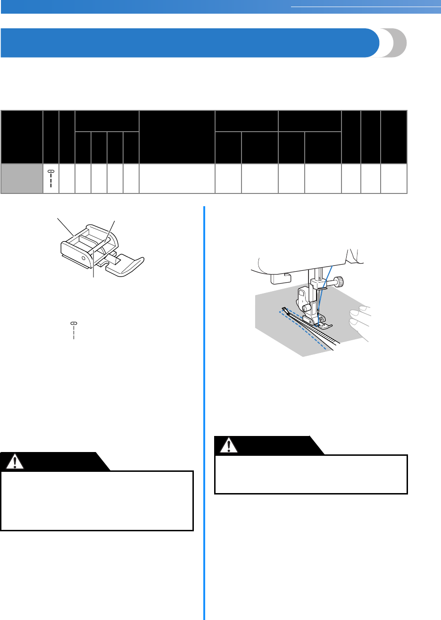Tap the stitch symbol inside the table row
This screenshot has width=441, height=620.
point(50,178)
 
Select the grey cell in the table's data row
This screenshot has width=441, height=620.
point(22,178)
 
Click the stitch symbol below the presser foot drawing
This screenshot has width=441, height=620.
point(74,330)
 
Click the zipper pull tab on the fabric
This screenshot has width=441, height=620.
point(284,310)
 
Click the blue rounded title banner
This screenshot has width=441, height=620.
point(189,42)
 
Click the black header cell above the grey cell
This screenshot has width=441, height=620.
point(22,137)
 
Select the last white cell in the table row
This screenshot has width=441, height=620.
point(394,178)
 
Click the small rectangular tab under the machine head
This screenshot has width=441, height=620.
point(276,280)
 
